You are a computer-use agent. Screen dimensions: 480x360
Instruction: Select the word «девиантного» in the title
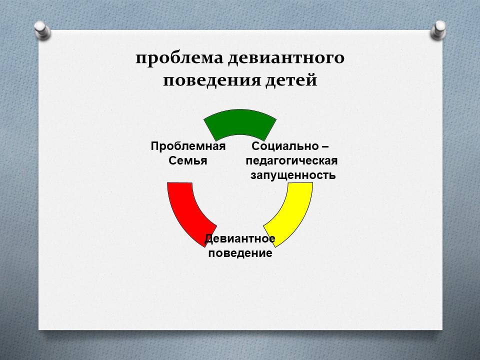(x=286, y=58)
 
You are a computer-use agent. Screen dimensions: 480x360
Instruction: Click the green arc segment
(x=240, y=122)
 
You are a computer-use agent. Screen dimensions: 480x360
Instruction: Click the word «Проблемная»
(x=188, y=146)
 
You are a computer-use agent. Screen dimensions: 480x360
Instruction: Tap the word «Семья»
(x=187, y=160)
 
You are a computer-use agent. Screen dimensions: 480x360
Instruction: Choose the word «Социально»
(x=280, y=146)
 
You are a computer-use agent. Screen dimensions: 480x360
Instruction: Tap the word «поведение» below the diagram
(x=240, y=253)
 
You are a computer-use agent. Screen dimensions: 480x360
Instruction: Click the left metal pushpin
(x=42, y=30)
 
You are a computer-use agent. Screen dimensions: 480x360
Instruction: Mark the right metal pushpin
(x=438, y=30)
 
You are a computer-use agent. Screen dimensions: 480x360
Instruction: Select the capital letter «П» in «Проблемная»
(x=155, y=146)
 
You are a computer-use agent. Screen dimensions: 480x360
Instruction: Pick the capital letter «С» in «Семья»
(x=172, y=160)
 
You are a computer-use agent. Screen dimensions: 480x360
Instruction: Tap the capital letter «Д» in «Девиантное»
(x=209, y=239)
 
